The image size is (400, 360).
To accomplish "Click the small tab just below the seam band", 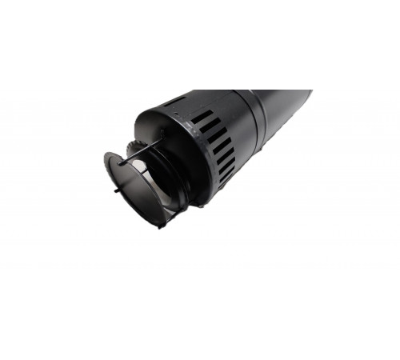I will pos(258,161).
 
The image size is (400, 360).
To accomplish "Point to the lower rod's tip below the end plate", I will pos(161,225).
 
